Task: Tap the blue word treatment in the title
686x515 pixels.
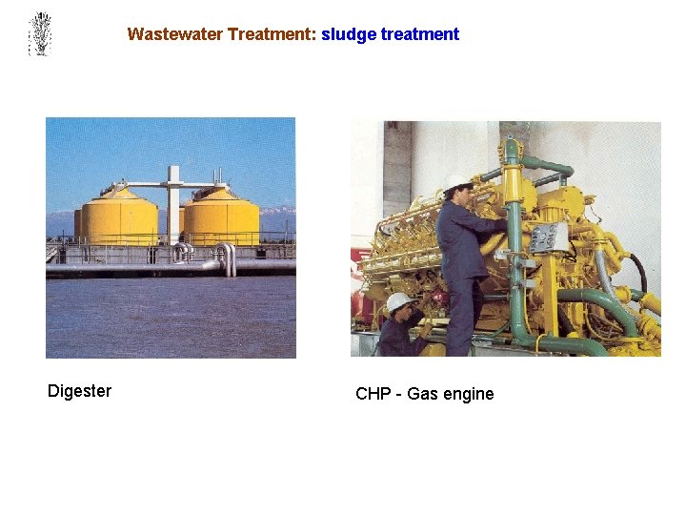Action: (420, 34)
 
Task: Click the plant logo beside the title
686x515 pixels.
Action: (39, 33)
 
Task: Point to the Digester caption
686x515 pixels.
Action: (79, 391)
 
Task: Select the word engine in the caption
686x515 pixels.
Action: (469, 394)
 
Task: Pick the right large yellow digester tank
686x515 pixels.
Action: (221, 217)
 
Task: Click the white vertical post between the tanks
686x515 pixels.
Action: (172, 205)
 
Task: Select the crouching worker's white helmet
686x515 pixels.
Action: (399, 301)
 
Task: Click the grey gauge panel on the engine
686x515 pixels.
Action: (548, 238)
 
